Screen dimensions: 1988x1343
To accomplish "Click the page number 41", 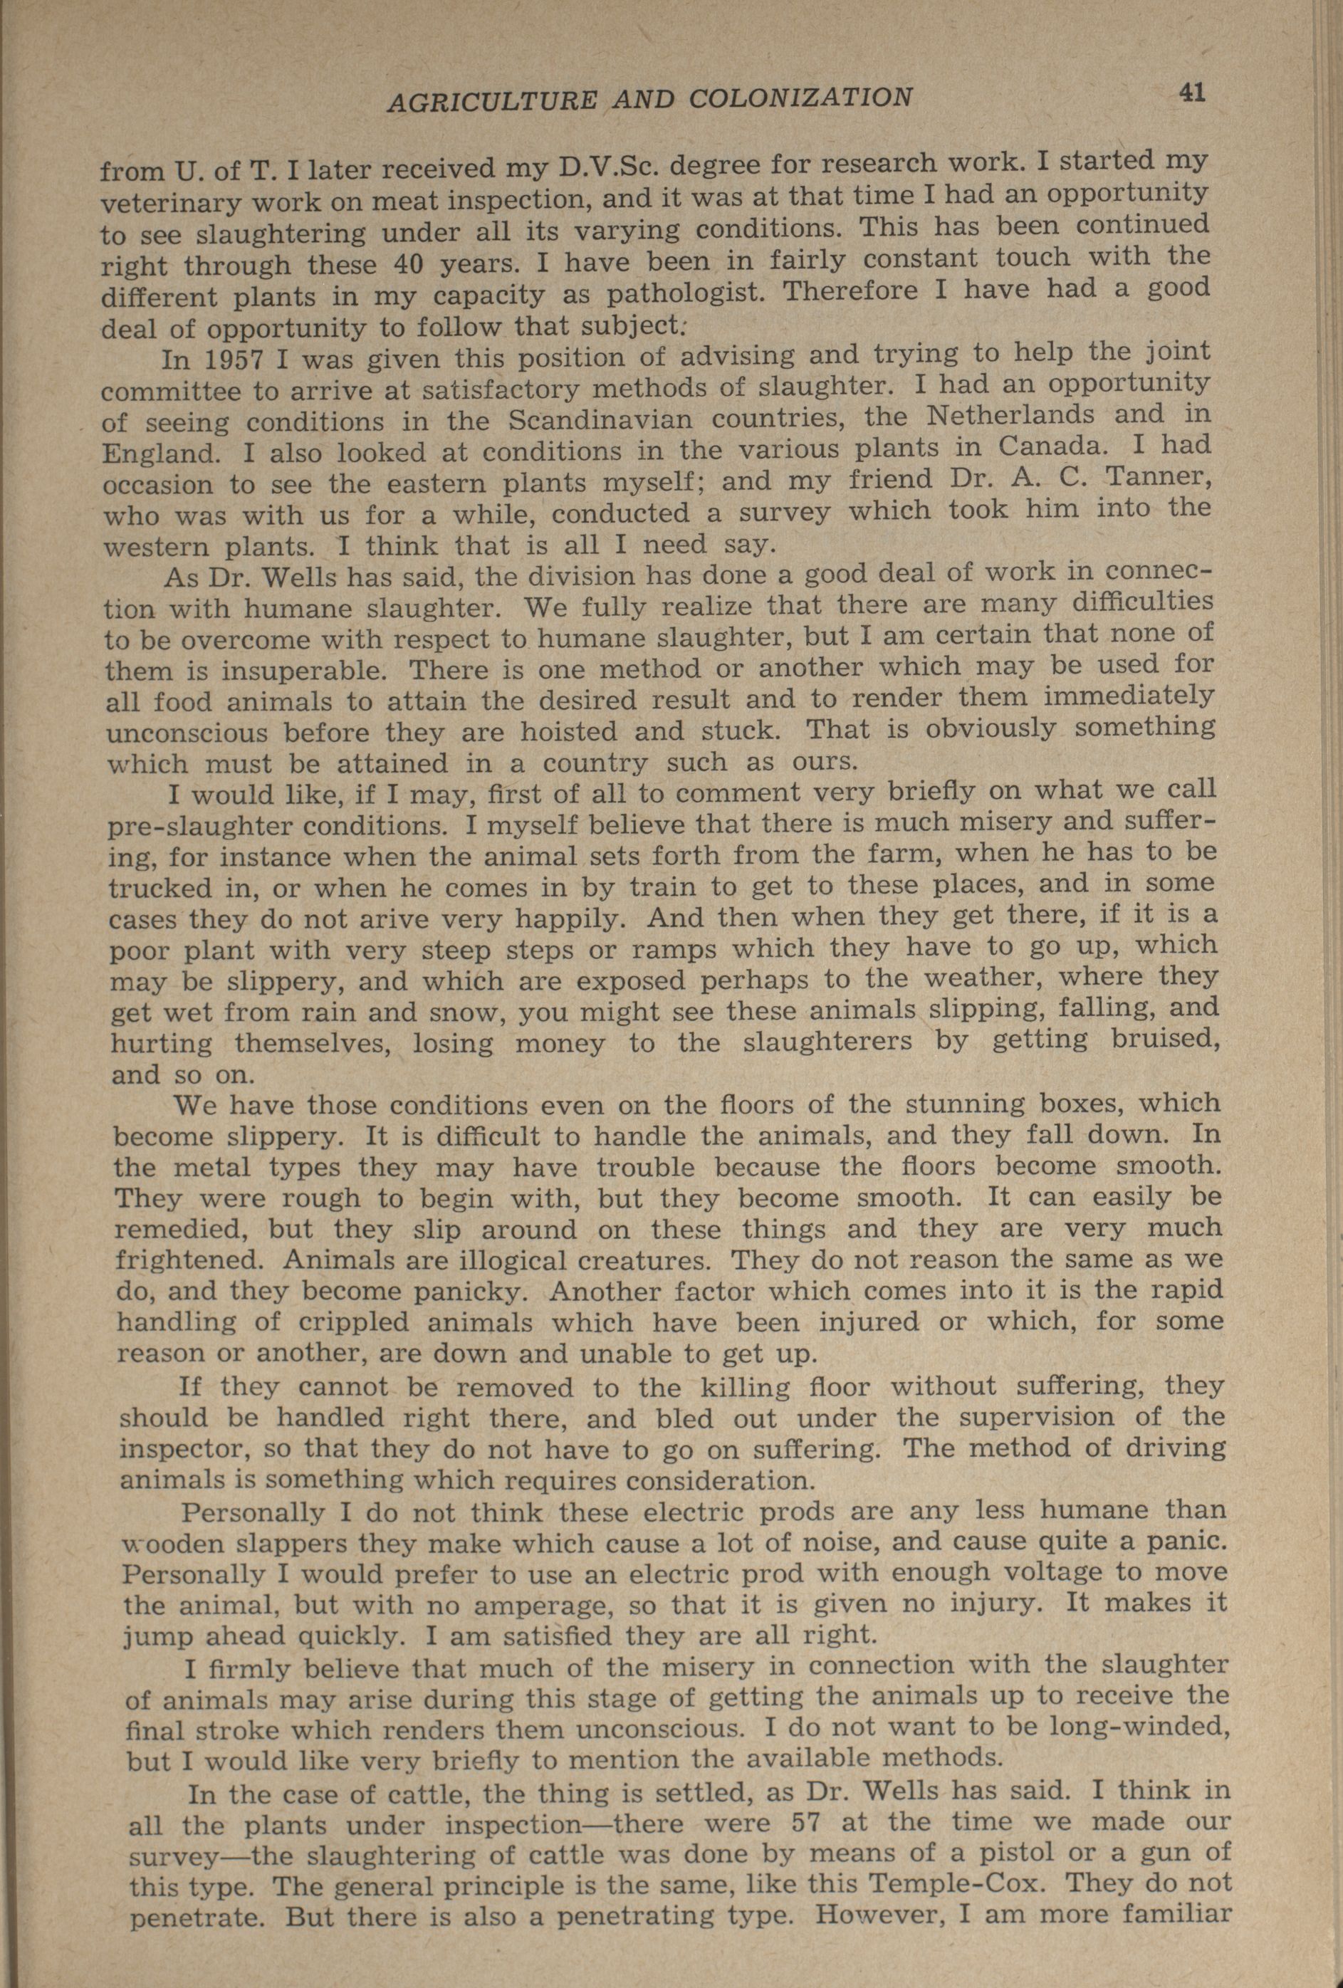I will point(1191,93).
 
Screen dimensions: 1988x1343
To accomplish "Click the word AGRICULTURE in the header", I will point(491,101).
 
